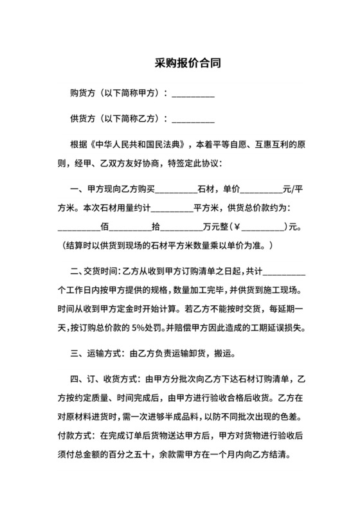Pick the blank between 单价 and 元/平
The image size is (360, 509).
pyautogui.click(x=261, y=190)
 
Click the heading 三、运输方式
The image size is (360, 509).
pyautogui.click(x=97, y=353)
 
